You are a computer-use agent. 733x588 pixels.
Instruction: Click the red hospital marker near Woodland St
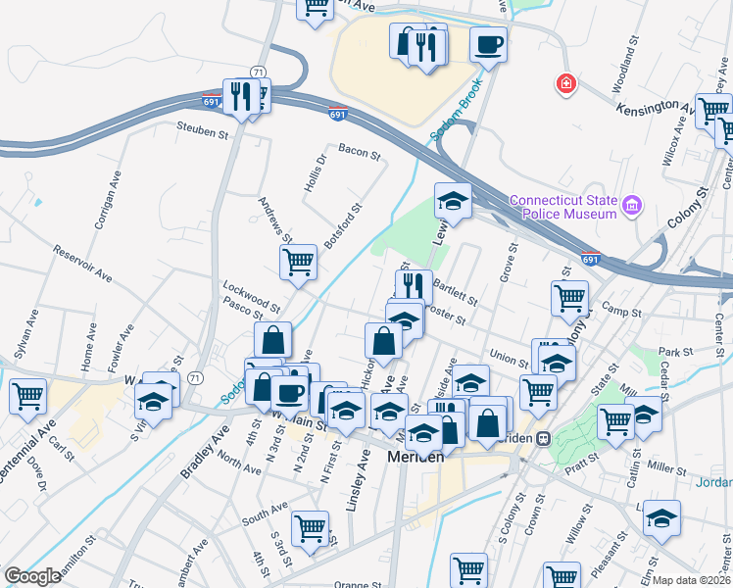(x=565, y=84)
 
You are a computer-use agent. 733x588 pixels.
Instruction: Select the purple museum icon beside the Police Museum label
(x=632, y=206)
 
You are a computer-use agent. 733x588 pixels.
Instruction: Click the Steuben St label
(x=202, y=126)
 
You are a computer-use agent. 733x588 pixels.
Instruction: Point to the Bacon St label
(x=359, y=150)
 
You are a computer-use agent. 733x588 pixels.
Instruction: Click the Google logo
(x=32, y=576)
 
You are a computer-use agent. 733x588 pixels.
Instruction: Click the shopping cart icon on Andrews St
(x=298, y=262)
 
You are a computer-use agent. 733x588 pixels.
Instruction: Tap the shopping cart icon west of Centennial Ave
(x=28, y=396)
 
